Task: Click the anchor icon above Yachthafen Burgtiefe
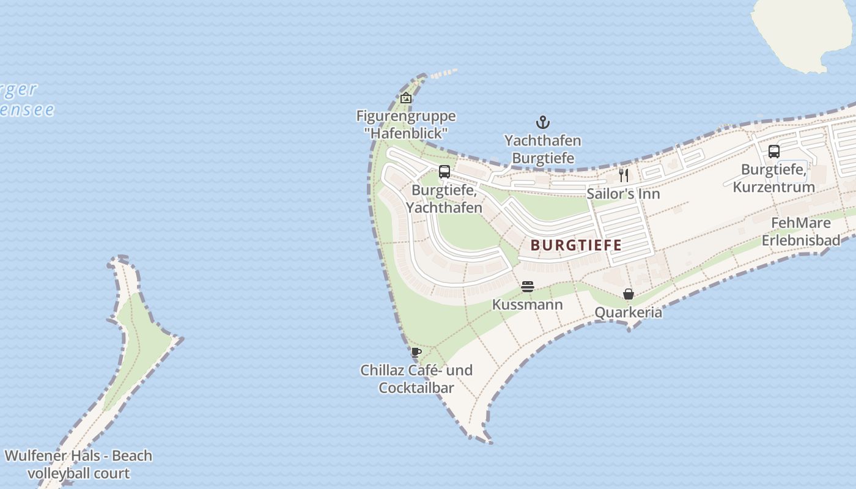click(542, 122)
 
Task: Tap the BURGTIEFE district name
click(576, 246)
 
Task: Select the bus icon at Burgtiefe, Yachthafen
click(445, 172)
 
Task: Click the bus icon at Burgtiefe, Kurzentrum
click(774, 151)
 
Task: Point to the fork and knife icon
click(624, 175)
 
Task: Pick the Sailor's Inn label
click(623, 194)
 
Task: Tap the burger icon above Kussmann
click(528, 287)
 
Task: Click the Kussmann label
click(528, 304)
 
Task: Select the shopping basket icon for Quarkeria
click(629, 294)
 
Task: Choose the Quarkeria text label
click(629, 312)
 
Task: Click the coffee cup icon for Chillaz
click(416, 352)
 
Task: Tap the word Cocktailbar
click(416, 388)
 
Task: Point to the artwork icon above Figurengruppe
click(406, 97)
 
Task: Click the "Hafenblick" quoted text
click(406, 132)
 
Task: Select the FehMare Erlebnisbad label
click(801, 232)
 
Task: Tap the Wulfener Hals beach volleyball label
click(78, 465)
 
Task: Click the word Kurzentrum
click(774, 187)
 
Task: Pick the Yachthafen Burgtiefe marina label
click(543, 149)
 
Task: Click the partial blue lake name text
click(24, 100)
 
